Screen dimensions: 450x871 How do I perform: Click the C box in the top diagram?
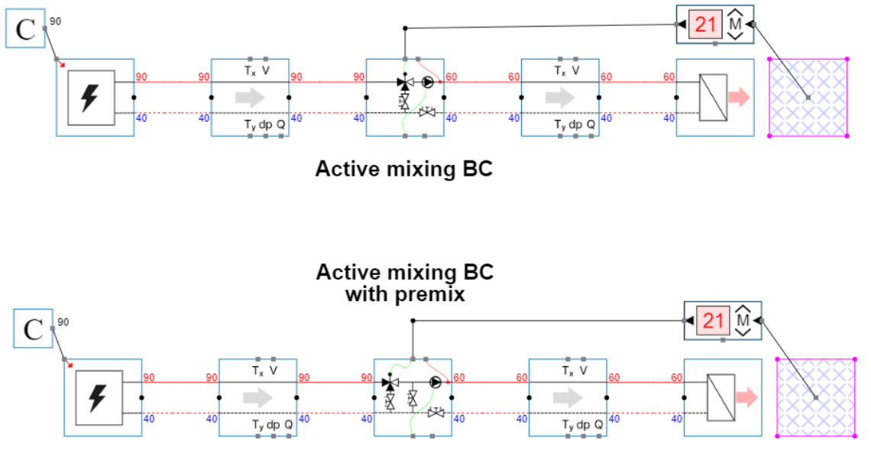pyautogui.click(x=25, y=30)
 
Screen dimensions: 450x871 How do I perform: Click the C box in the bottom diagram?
pyautogui.click(x=33, y=329)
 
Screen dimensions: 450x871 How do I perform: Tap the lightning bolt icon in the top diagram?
pyautogui.click(x=90, y=97)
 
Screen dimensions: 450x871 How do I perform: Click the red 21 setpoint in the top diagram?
pyautogui.click(x=705, y=25)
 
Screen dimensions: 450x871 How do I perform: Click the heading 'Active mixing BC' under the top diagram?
pyautogui.click(x=403, y=169)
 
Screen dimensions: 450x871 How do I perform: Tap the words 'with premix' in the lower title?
pyautogui.click(x=404, y=293)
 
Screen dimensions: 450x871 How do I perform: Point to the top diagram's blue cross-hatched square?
pyautogui.click(x=808, y=97)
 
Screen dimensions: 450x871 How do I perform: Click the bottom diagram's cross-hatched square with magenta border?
pyautogui.click(x=815, y=397)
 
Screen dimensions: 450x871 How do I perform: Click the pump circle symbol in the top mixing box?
pyautogui.click(x=427, y=82)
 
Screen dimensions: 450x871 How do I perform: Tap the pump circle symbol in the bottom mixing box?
pyautogui.click(x=435, y=381)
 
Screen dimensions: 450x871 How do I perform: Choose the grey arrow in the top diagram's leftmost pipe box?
pyautogui.click(x=250, y=97)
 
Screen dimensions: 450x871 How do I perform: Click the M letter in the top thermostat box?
pyautogui.click(x=735, y=25)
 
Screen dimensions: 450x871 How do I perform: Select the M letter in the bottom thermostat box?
pyautogui.click(x=743, y=321)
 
